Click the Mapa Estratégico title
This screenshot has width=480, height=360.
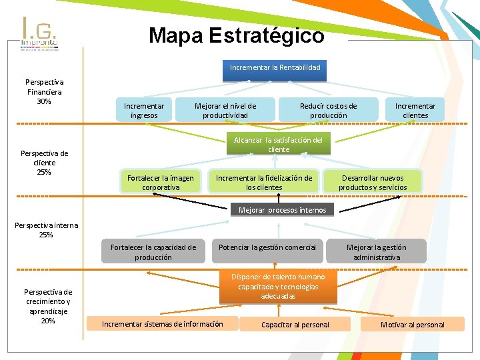pyautogui.click(x=237, y=35)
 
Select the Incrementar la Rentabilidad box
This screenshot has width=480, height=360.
pyautogui.click(x=275, y=68)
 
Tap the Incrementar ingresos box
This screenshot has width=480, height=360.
pyautogui.click(x=144, y=111)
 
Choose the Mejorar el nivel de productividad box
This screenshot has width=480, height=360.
pyautogui.click(x=225, y=111)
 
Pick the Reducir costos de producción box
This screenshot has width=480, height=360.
pyautogui.click(x=328, y=111)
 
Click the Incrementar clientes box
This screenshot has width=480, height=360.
pyautogui.click(x=415, y=111)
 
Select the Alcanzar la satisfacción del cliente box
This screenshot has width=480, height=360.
pyautogui.click(x=278, y=145)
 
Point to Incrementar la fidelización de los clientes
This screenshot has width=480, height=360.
pyautogui.click(x=264, y=183)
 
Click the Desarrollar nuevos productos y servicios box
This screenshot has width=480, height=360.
pyautogui.click(x=372, y=183)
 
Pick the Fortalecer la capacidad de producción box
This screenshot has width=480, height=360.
pyautogui.click(x=153, y=252)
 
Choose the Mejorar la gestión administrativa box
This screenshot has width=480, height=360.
pyautogui.click(x=377, y=252)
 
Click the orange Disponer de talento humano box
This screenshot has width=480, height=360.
pyautogui.click(x=278, y=286)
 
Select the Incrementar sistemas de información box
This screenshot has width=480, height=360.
pyautogui.click(x=162, y=324)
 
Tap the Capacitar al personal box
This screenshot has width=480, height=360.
pyautogui.click(x=295, y=325)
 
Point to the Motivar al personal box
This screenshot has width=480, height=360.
pyautogui.click(x=412, y=325)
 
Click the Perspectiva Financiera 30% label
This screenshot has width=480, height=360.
pyautogui.click(x=44, y=92)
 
